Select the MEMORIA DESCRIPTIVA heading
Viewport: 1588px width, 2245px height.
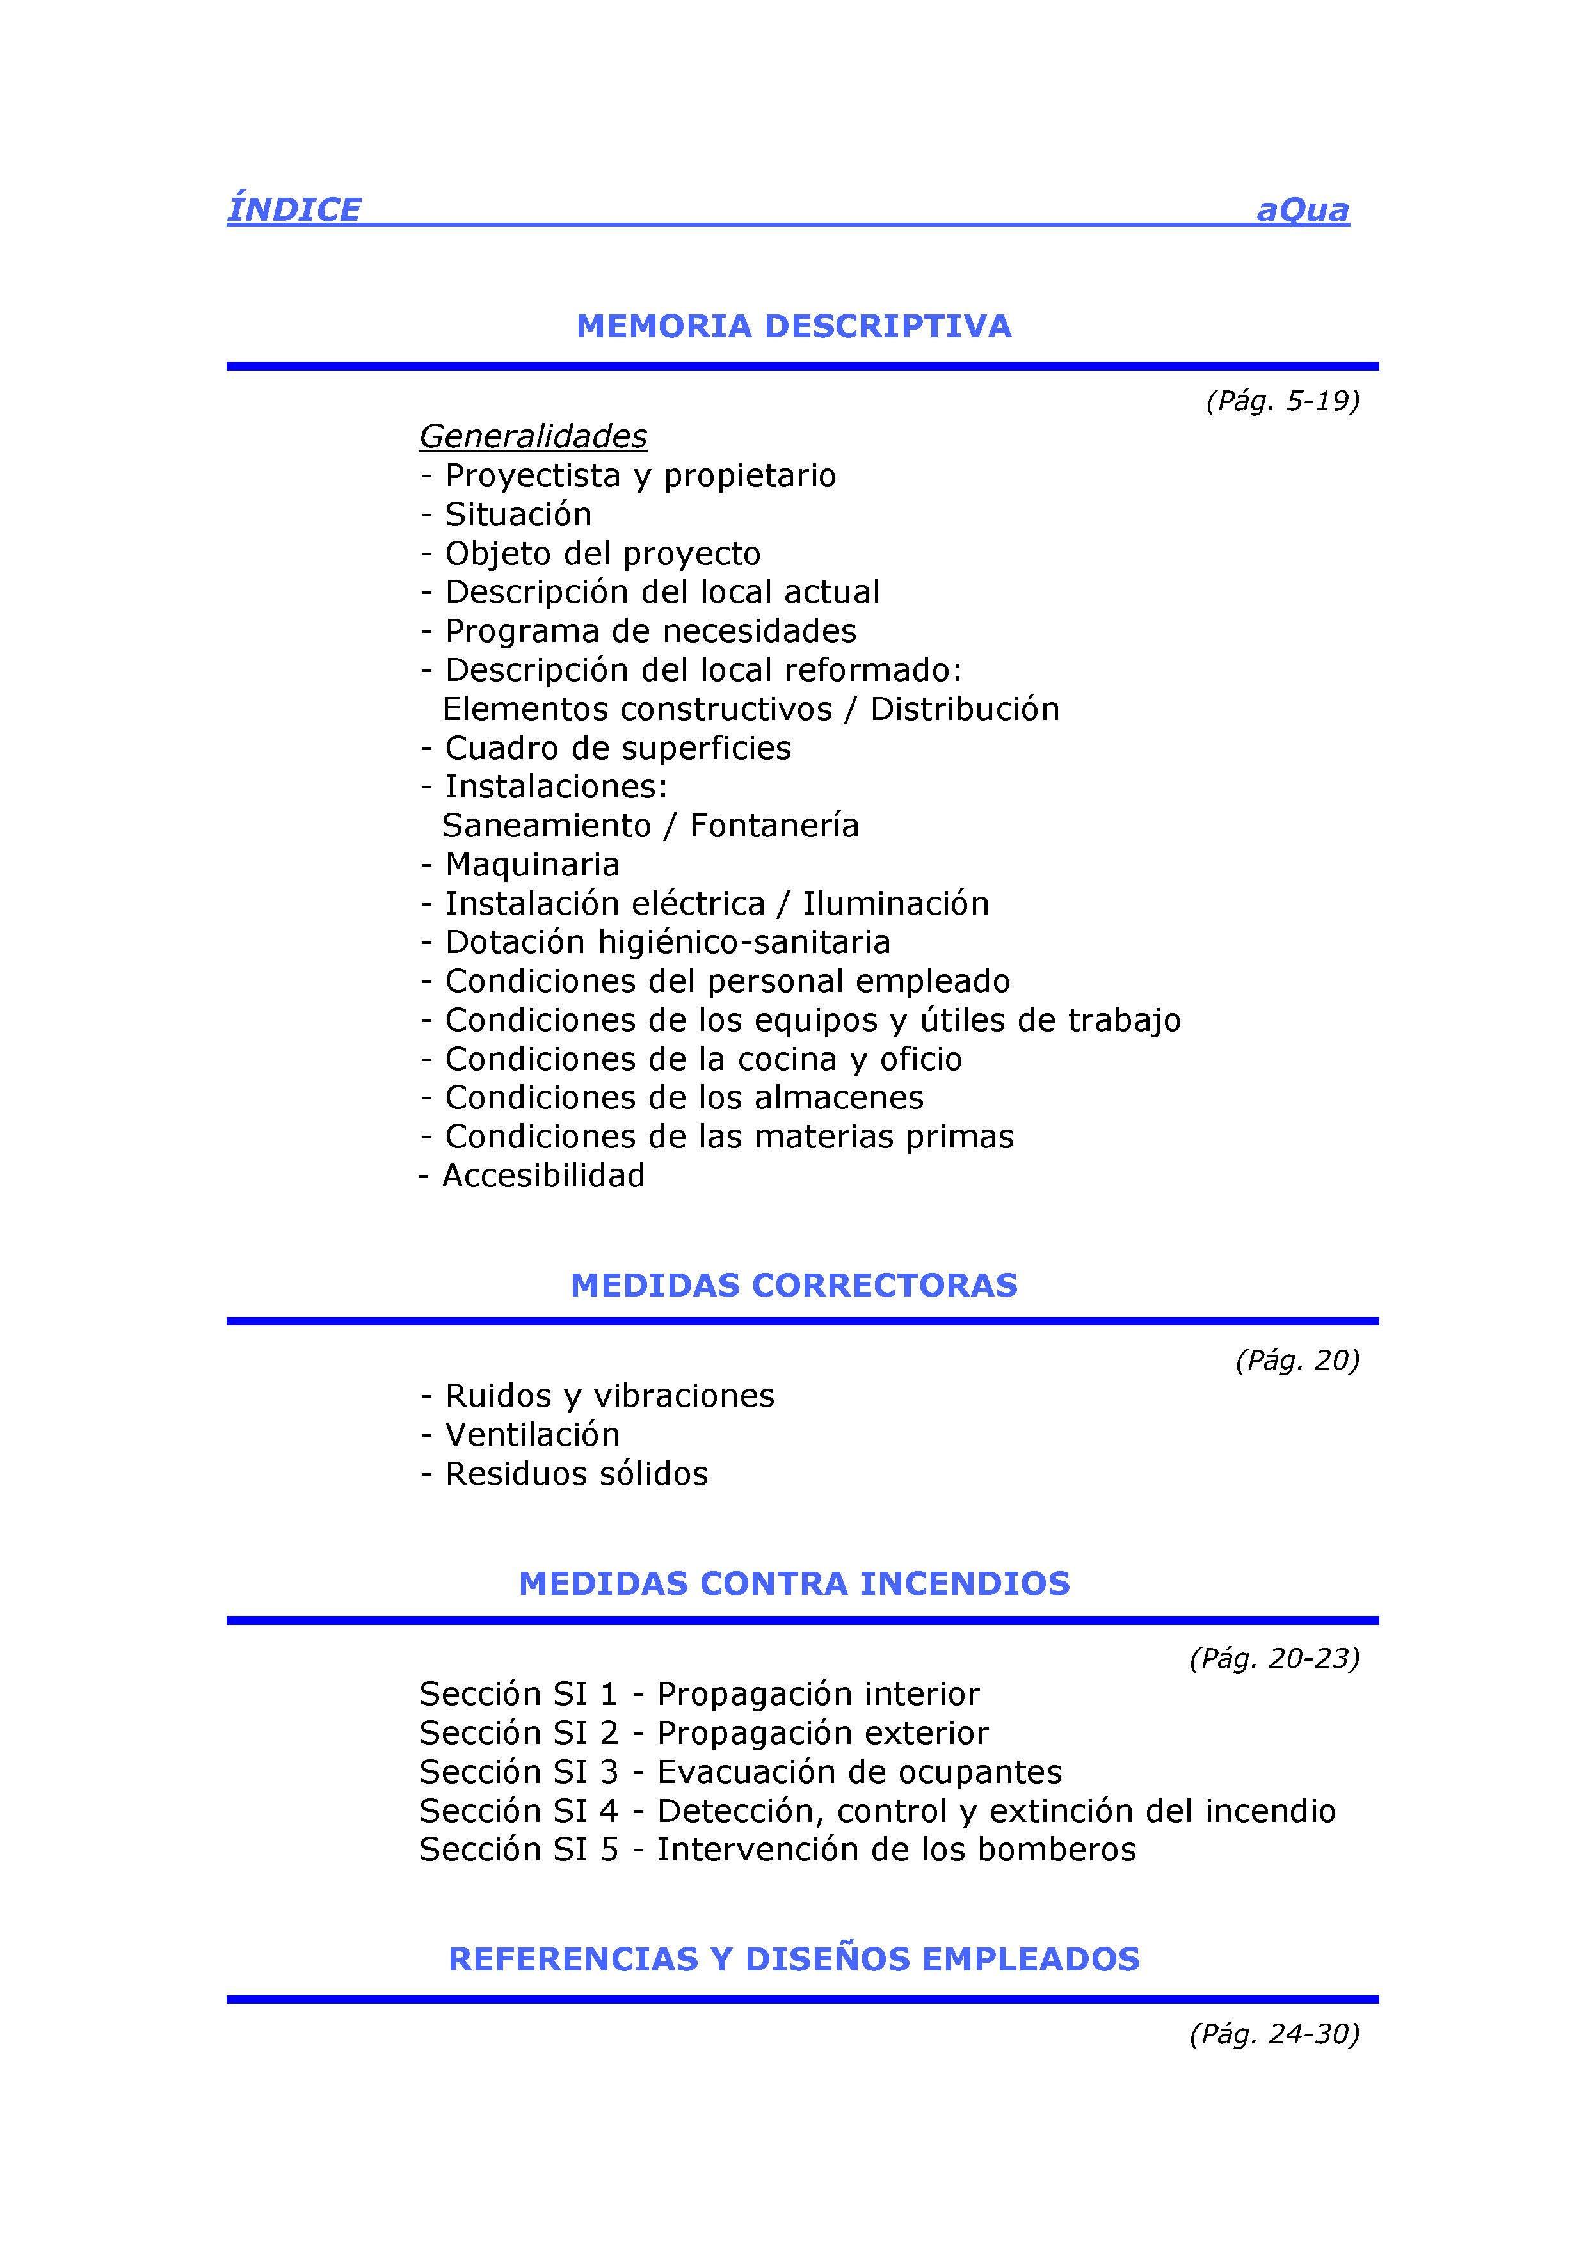[x=793, y=326]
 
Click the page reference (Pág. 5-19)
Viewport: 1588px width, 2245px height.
[x=1282, y=401]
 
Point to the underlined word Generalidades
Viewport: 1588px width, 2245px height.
[x=533, y=436]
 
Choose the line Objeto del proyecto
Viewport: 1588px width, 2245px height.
[x=602, y=554]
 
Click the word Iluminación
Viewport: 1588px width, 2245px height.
[x=895, y=904]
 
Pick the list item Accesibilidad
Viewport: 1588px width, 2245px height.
[x=543, y=1176]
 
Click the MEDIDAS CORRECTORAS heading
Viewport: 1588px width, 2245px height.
[x=793, y=1285]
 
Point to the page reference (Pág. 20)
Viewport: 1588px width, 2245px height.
[x=1297, y=1360]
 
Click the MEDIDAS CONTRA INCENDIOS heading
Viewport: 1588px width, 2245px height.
[x=793, y=1583]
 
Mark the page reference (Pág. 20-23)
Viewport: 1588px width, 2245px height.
[x=1274, y=1658]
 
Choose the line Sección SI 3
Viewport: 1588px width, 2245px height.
[x=740, y=1772]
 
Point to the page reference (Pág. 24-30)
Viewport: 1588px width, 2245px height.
[x=1274, y=2034]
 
